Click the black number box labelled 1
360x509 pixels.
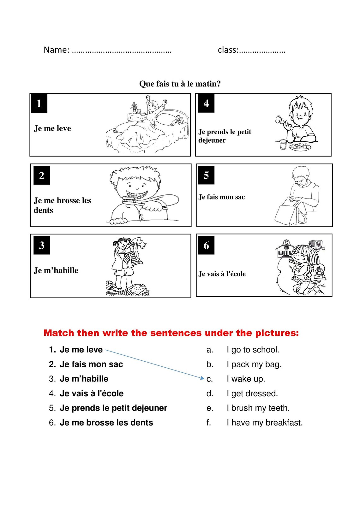point(39,104)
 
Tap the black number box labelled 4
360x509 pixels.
point(206,104)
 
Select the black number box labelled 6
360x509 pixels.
point(206,245)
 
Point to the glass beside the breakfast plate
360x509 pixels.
point(283,145)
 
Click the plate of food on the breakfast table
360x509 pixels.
point(300,147)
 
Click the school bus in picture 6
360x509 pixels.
point(315,244)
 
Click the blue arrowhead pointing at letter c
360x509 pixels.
point(202,378)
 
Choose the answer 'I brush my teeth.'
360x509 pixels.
point(258,408)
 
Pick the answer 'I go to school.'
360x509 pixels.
point(253,350)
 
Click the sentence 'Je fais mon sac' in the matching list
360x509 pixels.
point(91,364)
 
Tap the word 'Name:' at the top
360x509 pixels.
point(56,50)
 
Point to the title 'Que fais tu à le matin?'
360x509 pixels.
point(180,84)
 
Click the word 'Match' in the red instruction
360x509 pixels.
point(58,333)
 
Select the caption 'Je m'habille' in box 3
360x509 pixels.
point(56,270)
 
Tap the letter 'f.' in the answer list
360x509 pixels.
point(209,423)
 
